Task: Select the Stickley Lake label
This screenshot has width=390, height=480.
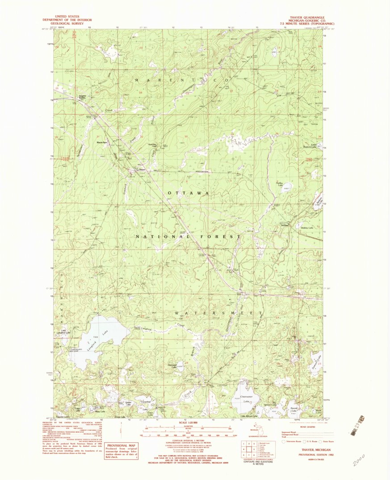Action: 307,228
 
